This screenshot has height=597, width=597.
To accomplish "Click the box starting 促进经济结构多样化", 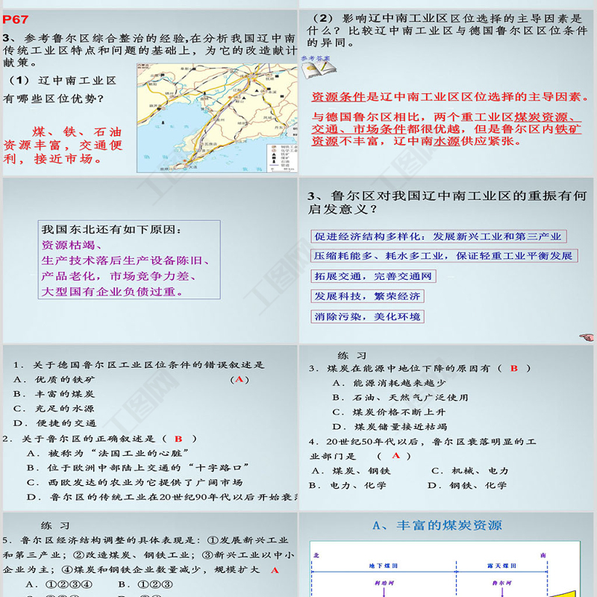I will click(437, 237).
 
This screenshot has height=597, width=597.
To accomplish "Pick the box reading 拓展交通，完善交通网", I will click(374, 276).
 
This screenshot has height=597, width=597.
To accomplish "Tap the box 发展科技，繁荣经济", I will click(368, 296).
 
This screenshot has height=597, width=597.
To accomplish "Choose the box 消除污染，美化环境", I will click(368, 316).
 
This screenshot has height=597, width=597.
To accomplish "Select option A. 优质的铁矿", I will click(54, 379).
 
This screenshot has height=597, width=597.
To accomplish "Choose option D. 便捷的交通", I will click(54, 422).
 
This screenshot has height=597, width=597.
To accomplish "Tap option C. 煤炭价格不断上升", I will click(389, 411).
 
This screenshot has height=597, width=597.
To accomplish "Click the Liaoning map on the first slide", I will click(215, 118).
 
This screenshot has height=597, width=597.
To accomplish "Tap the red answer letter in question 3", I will click(513, 368).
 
